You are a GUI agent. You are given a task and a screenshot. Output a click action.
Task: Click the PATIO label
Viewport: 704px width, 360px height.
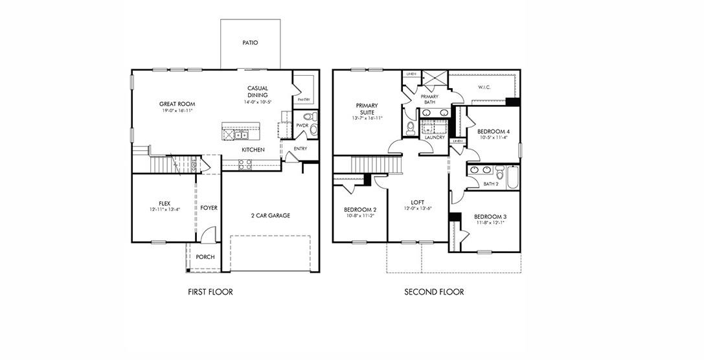tap(250, 43)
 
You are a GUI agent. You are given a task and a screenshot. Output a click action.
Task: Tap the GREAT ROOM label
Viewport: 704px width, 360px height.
tap(177, 104)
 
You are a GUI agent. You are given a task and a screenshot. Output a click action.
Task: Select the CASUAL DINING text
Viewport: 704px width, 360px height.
tap(257, 92)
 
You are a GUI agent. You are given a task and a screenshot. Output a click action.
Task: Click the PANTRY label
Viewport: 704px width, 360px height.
tap(303, 100)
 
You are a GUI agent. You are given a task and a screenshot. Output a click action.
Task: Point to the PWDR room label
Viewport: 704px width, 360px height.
tap(301, 126)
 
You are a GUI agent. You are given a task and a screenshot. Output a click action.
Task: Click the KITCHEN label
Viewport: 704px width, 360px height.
tap(253, 150)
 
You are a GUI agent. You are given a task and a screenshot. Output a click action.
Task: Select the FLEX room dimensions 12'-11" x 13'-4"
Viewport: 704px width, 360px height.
tap(164, 209)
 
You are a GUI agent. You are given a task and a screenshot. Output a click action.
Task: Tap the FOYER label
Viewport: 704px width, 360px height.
tap(209, 208)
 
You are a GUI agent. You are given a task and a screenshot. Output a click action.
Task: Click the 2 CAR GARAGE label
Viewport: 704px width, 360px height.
tap(270, 216)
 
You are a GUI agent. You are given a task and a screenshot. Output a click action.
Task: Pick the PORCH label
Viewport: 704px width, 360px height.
tap(205, 257)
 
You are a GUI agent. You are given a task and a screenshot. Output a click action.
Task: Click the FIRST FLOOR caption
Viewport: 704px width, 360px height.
tap(210, 292)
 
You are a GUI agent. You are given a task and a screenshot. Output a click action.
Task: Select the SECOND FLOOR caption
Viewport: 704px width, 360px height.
tap(434, 292)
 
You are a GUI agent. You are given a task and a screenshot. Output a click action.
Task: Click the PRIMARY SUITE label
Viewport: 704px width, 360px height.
tap(366, 109)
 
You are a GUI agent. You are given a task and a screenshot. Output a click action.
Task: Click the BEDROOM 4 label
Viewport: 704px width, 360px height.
tap(494, 131)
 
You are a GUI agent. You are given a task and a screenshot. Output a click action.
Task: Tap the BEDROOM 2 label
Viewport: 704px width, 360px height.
tap(361, 210)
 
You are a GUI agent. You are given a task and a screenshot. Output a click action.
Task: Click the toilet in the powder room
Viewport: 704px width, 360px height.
tap(313, 117)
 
